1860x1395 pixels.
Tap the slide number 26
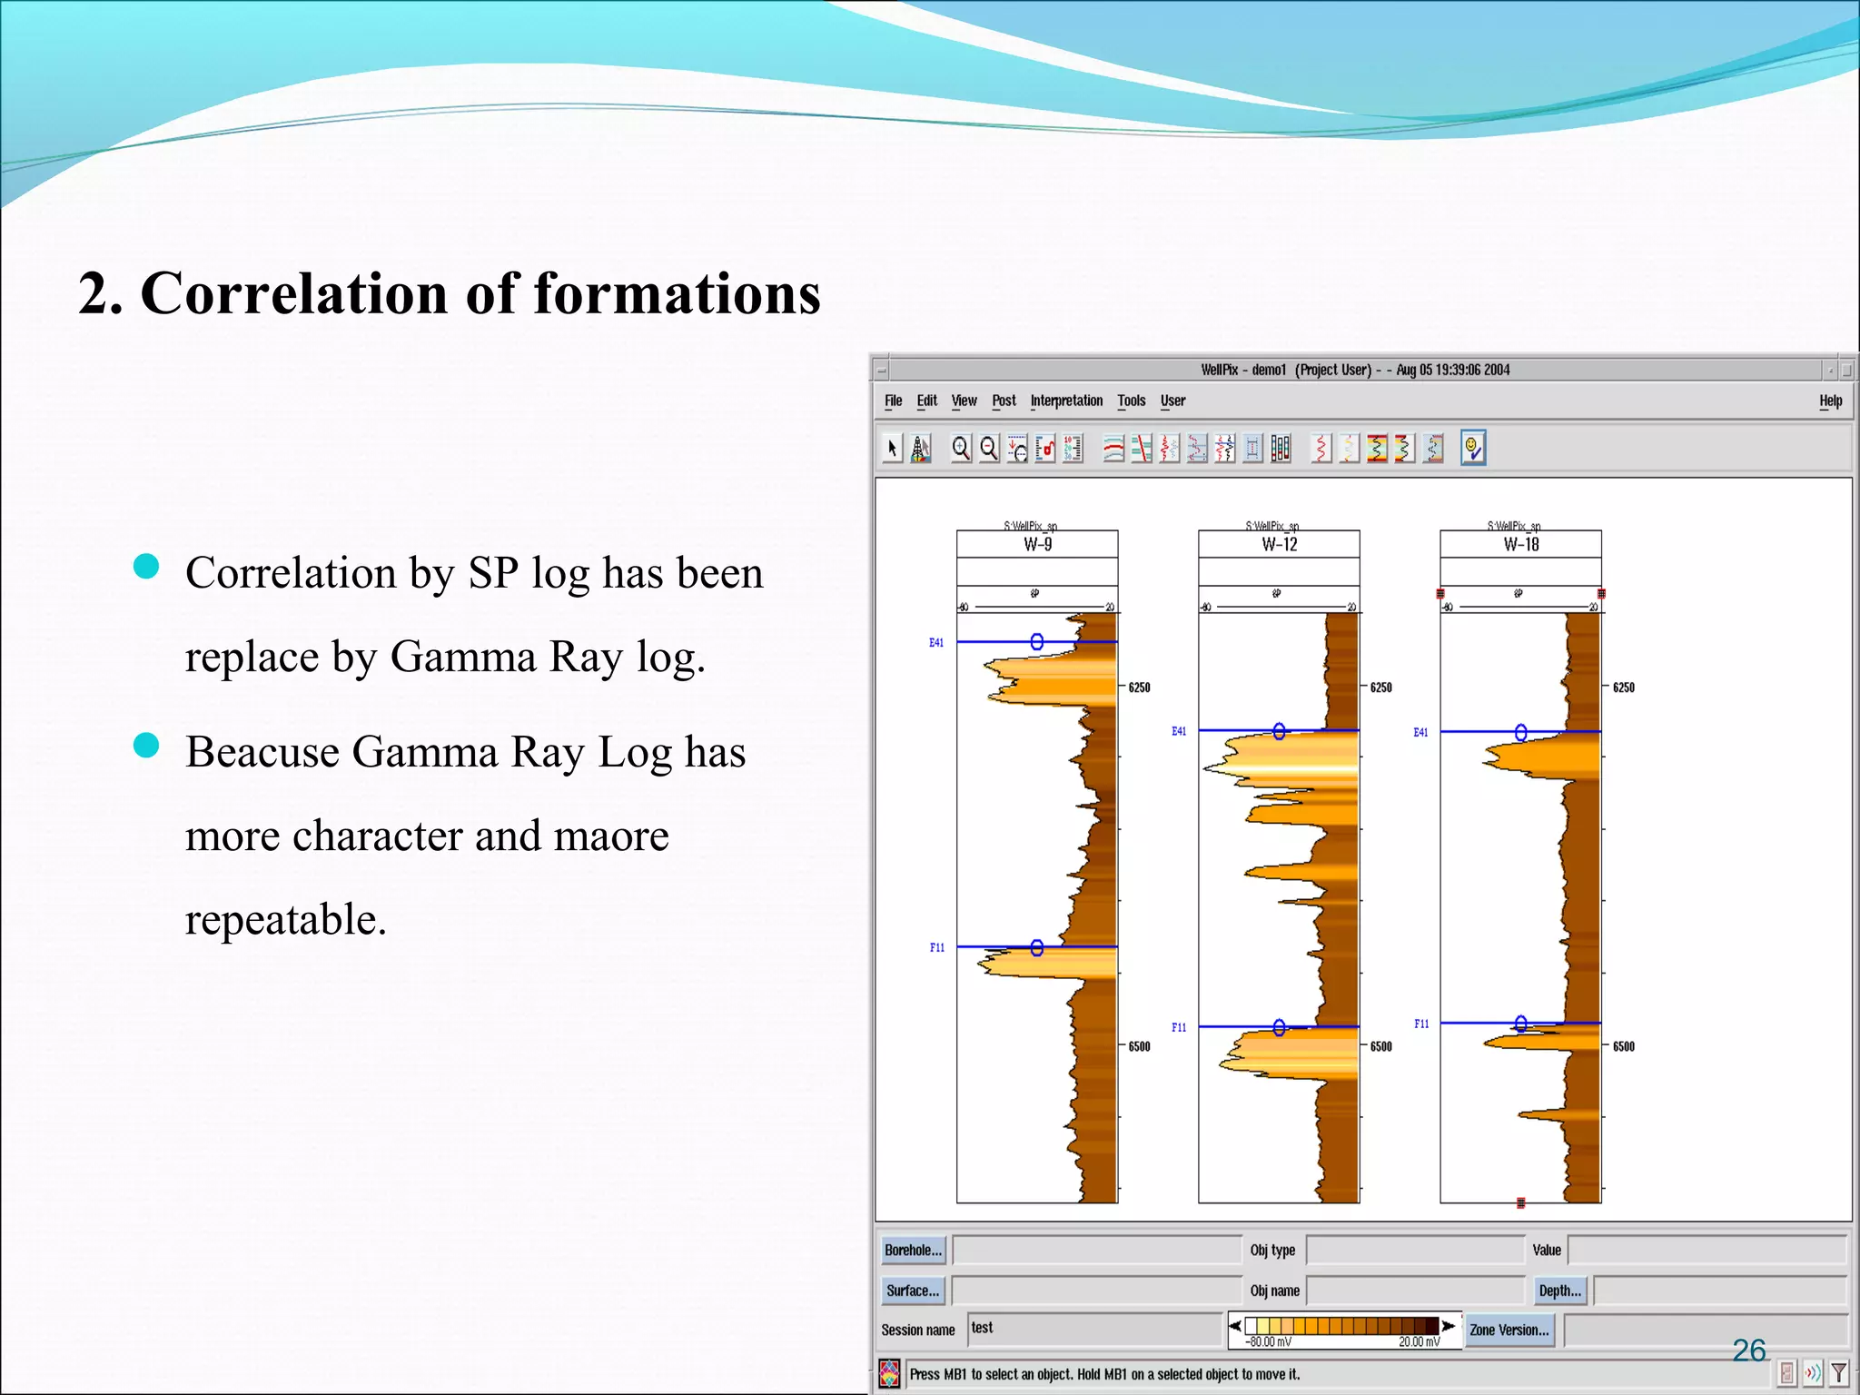click(1748, 1350)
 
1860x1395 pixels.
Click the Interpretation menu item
click(1066, 401)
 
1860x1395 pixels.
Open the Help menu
click(1830, 401)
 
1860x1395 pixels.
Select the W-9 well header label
click(1037, 545)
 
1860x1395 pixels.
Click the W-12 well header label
click(1279, 545)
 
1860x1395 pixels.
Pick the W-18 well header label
click(1521, 545)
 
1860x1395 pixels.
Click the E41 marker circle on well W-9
click(1037, 642)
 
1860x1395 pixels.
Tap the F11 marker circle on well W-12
click(1279, 1027)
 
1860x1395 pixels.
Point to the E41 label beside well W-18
click(1420, 732)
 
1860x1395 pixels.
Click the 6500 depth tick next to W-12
click(1380, 1046)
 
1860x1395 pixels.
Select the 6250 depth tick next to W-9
click(1139, 688)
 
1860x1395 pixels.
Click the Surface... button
click(913, 1291)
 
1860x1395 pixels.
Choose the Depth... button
click(1559, 1291)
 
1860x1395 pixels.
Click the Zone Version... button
click(1509, 1330)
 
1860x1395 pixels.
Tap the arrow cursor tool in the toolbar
click(893, 448)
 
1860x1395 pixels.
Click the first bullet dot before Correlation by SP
click(146, 567)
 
